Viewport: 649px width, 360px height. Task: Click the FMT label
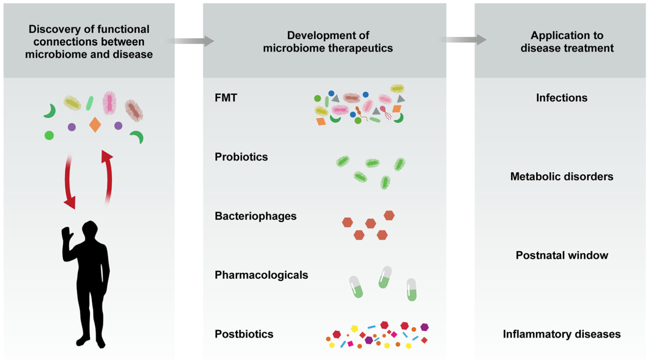tap(226, 98)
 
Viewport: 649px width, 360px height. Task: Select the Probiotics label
tap(241, 157)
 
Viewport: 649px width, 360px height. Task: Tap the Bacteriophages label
tap(255, 216)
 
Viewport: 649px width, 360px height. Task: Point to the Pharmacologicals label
tap(261, 275)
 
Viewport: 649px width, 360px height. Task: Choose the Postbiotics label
tap(244, 334)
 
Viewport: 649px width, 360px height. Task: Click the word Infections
tap(562, 98)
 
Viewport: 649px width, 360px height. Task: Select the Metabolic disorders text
tap(562, 177)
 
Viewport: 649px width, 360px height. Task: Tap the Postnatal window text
tap(562, 255)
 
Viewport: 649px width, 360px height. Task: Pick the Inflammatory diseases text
tap(562, 334)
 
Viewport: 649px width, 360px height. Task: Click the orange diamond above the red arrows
tap(95, 125)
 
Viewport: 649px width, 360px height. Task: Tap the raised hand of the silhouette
tap(66, 235)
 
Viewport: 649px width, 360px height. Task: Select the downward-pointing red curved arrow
tap(69, 182)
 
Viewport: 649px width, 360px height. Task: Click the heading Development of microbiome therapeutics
tap(327, 41)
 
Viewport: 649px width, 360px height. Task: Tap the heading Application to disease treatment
tap(567, 41)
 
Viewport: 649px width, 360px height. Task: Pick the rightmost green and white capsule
tap(411, 289)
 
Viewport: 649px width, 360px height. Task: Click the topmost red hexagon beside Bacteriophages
tap(389, 215)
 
